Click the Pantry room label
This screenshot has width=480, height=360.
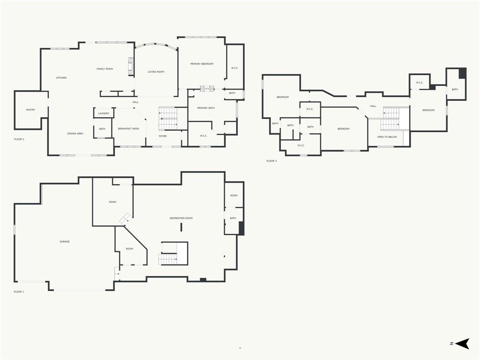tap(30, 110)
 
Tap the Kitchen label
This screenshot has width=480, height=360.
tap(61, 78)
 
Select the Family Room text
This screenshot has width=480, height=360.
tap(105, 69)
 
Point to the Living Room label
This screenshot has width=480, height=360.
tap(156, 72)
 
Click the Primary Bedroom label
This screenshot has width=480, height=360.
tap(202, 64)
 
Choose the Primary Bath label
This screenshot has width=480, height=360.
tap(206, 108)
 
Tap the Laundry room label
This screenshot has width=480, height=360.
tap(104, 113)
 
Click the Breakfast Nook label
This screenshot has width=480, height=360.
tap(128, 128)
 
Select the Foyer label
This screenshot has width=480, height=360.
tap(163, 136)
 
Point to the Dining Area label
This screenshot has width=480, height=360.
tap(75, 134)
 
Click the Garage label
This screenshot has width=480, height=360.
tap(65, 241)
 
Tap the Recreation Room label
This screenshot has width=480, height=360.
tap(181, 218)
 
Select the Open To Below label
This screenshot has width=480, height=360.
tap(387, 137)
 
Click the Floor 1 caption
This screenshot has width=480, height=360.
tap(19, 292)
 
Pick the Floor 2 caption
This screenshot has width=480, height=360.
tap(19, 139)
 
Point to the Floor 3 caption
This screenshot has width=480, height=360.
tap(271, 161)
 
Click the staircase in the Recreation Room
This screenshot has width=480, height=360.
tap(173, 254)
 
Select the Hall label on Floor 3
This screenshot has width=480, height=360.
tap(373, 106)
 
